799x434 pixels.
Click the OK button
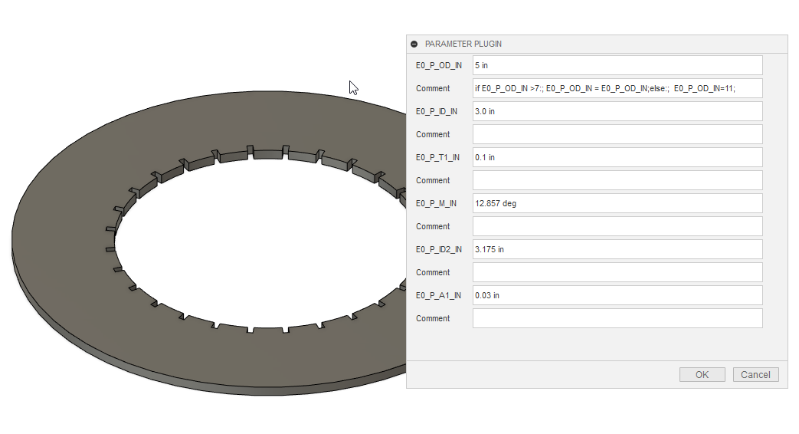702,375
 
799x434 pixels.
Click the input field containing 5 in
617,65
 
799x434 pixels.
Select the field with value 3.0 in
617,111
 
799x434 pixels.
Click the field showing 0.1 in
617,157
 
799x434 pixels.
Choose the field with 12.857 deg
617,203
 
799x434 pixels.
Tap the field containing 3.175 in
617,249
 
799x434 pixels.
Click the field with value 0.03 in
617,295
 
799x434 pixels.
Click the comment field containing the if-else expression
617,88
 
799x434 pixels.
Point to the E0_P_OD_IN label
438,65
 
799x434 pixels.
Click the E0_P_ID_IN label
437,111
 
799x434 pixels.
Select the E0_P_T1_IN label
437,157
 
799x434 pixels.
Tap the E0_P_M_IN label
436,203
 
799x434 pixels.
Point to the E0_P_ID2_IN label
438,249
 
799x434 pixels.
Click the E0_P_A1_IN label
437,295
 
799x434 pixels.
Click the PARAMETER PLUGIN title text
463,44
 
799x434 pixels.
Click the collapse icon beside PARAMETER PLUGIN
414,44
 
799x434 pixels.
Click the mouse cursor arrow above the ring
353,87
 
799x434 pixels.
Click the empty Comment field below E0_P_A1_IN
617,318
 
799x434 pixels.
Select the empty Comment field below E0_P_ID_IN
617,134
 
